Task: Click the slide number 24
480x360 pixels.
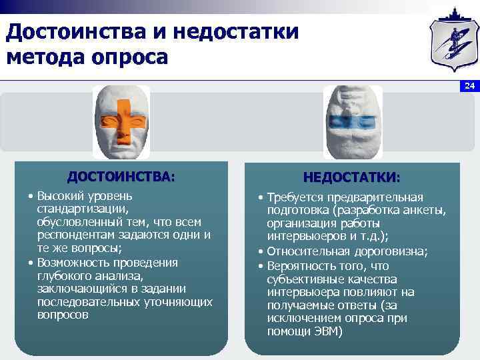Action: [x=469, y=86]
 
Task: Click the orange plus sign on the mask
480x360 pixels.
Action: [x=121, y=123]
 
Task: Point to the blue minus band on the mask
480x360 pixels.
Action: [x=351, y=122]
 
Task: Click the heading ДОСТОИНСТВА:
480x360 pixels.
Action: [x=121, y=177]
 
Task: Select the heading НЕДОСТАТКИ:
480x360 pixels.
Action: [x=351, y=178]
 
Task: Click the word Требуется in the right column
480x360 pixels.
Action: [x=291, y=197]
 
